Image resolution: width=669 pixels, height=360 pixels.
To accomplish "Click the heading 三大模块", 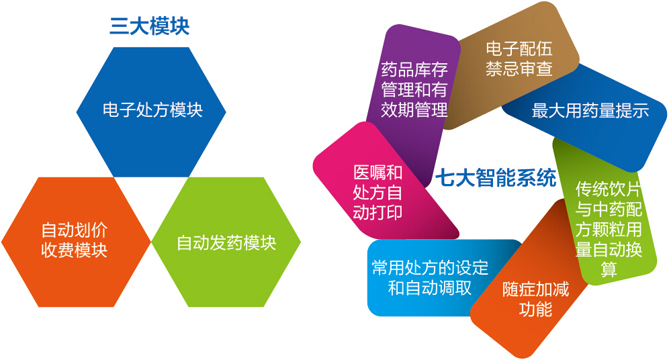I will (x=149, y=26).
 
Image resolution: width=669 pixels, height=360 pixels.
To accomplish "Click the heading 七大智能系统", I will (x=496, y=179).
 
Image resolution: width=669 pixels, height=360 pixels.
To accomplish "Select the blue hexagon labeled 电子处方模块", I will (x=152, y=110).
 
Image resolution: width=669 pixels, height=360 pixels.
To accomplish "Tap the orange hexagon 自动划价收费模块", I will (x=75, y=240).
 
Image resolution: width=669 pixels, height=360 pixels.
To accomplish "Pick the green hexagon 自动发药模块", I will (x=226, y=242).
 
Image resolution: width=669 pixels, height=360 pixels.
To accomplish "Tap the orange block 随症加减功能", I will (x=535, y=299).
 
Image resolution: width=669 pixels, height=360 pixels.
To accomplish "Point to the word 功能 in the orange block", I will (x=535, y=310).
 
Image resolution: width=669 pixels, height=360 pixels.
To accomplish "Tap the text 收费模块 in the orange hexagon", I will (x=75, y=251).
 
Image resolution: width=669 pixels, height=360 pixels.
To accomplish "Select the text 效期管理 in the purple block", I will (x=414, y=110).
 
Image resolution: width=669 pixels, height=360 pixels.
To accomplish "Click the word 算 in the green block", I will (x=609, y=270).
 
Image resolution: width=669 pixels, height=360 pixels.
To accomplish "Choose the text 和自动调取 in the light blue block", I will (x=430, y=289).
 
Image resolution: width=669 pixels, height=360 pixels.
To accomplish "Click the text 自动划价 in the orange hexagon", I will (x=75, y=230).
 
